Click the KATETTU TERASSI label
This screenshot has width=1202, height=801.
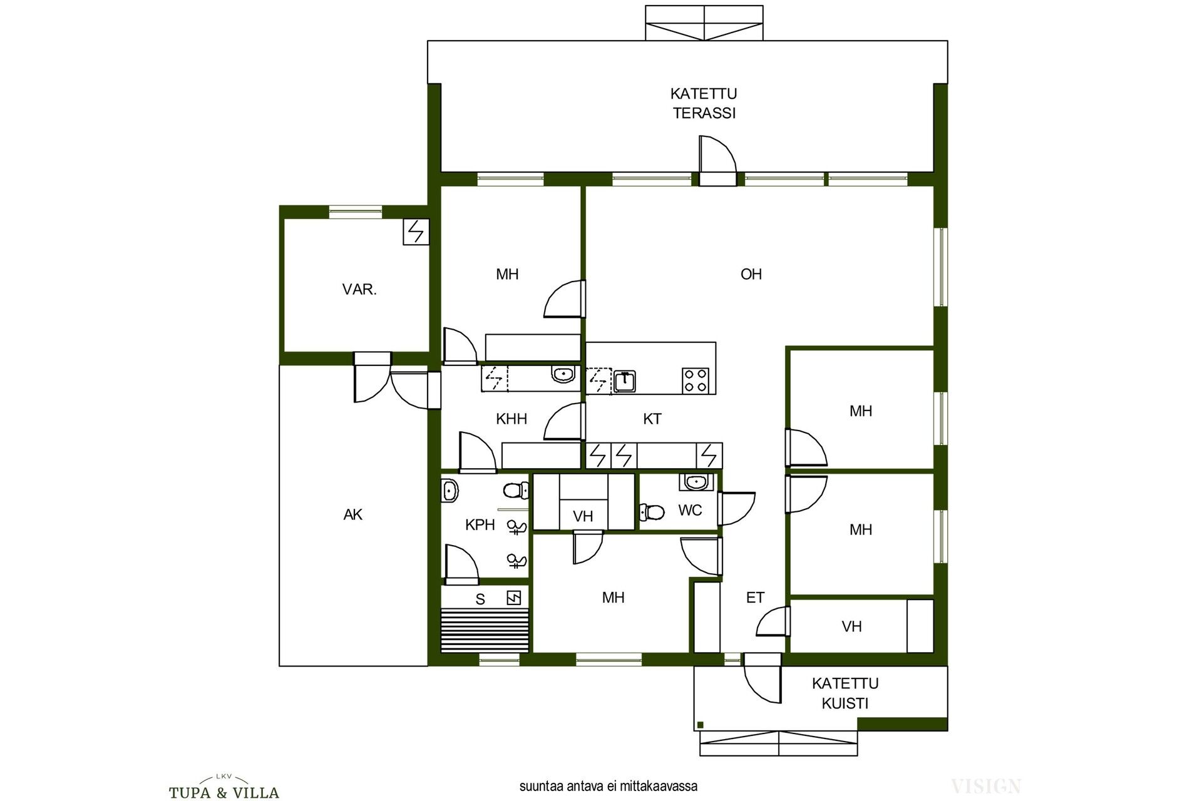point(704,103)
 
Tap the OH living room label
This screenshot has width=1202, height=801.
point(751,274)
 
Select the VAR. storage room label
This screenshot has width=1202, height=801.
point(359,289)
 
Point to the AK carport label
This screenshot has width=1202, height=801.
point(352,514)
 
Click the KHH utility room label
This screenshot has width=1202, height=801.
point(511,419)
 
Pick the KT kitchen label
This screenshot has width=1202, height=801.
point(652,419)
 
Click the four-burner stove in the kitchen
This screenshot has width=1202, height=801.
point(696,380)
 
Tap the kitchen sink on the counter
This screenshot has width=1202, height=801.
point(624,380)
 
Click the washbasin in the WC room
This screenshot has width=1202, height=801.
point(695,482)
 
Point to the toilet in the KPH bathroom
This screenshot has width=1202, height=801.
point(516,490)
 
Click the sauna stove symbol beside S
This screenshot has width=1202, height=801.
point(513,598)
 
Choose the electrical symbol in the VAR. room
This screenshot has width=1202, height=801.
point(416,232)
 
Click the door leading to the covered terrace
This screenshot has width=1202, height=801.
point(717,161)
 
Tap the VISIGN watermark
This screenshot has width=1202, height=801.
point(986,786)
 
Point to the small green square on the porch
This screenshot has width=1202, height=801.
point(701,725)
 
